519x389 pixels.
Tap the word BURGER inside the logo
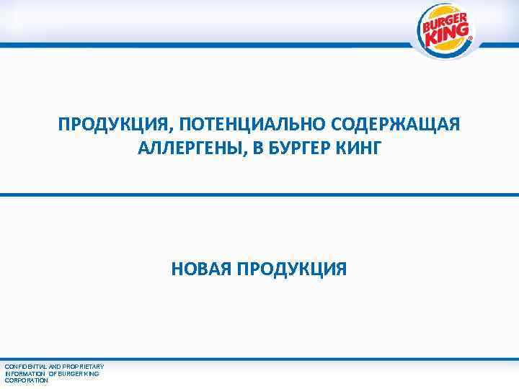(443, 22)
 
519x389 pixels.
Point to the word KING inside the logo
(448, 35)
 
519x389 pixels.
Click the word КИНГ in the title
(358, 150)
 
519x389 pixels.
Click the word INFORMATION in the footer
(25, 373)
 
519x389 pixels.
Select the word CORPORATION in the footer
(26, 380)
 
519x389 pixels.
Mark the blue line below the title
(259, 194)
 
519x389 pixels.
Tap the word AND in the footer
(53, 367)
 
